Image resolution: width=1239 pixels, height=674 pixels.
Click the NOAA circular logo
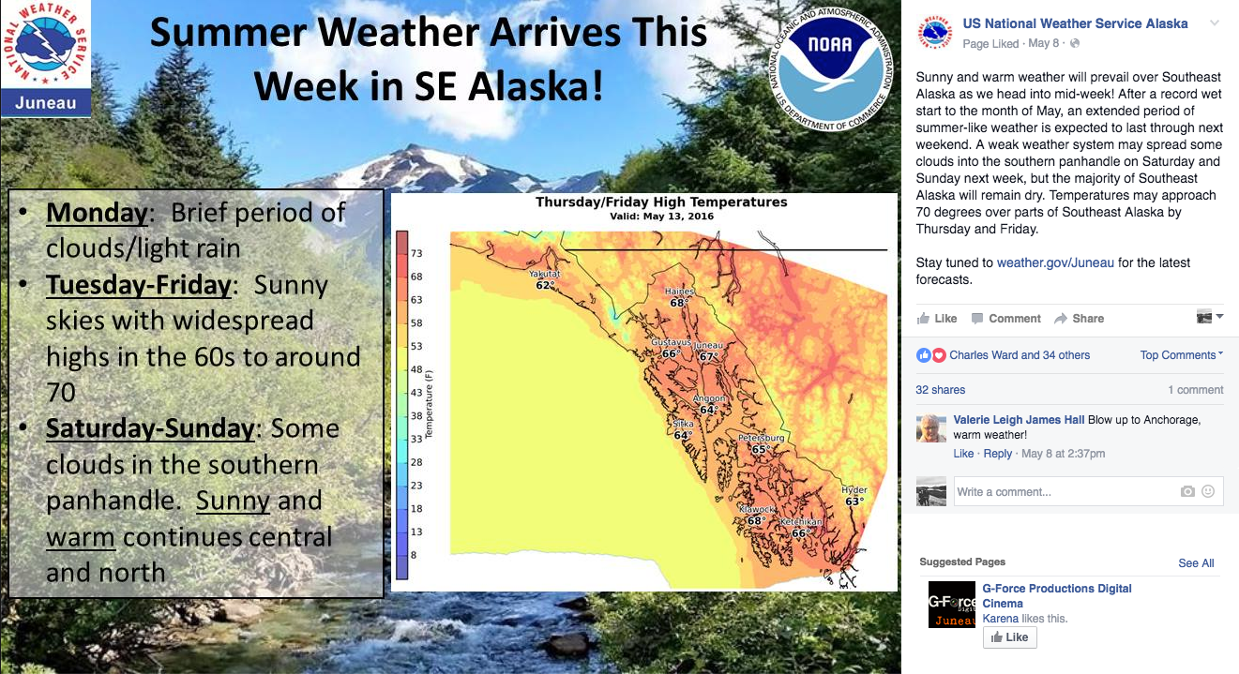click(830, 67)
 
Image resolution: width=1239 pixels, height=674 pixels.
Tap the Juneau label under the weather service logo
click(46, 102)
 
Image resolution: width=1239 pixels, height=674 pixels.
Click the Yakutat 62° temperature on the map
click(544, 285)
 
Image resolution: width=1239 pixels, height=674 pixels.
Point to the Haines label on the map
click(679, 291)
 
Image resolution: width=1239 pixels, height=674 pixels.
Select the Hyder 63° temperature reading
click(854, 502)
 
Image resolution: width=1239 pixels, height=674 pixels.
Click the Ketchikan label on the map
click(801, 521)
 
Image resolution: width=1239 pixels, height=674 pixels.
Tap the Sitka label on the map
click(683, 424)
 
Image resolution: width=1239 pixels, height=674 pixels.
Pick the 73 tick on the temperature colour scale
click(416, 253)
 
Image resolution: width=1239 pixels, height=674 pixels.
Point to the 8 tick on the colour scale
click(414, 555)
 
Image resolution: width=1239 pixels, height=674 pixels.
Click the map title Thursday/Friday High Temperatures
click(661, 202)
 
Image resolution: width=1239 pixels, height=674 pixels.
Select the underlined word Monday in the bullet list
click(97, 213)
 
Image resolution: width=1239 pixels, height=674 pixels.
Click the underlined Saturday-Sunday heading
click(150, 428)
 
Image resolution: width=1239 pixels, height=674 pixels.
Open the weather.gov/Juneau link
click(1055, 262)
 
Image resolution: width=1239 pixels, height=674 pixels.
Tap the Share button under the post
click(1080, 319)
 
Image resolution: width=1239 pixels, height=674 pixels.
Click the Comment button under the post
click(1006, 319)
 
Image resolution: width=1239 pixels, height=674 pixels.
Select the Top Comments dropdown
click(1181, 355)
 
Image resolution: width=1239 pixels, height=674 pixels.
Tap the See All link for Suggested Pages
click(1196, 562)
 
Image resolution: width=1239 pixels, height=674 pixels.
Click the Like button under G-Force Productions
click(1009, 637)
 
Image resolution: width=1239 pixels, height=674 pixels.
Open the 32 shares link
click(941, 390)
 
